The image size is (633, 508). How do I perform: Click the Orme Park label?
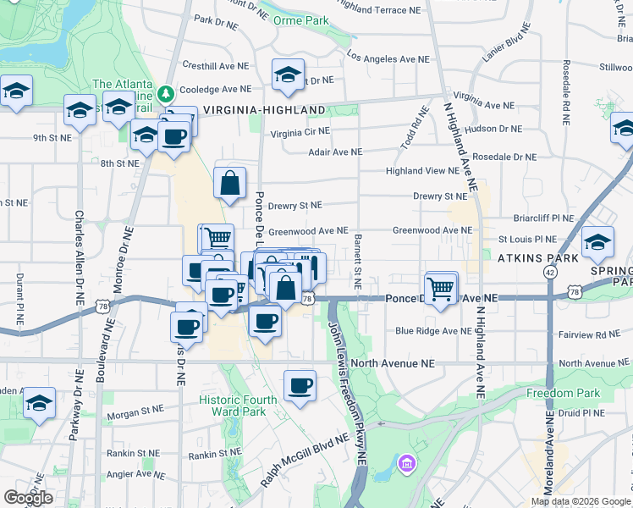tap(305, 19)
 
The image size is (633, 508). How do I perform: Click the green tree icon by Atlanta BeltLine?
tap(168, 91)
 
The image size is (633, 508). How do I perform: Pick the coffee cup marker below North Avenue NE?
tap(300, 386)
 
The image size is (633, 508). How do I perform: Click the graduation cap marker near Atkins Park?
tap(597, 244)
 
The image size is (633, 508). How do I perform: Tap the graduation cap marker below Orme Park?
tap(288, 75)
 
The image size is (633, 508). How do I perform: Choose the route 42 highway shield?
tap(550, 273)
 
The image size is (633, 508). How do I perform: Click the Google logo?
tap(28, 498)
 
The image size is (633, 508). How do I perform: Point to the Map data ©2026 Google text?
tap(580, 501)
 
